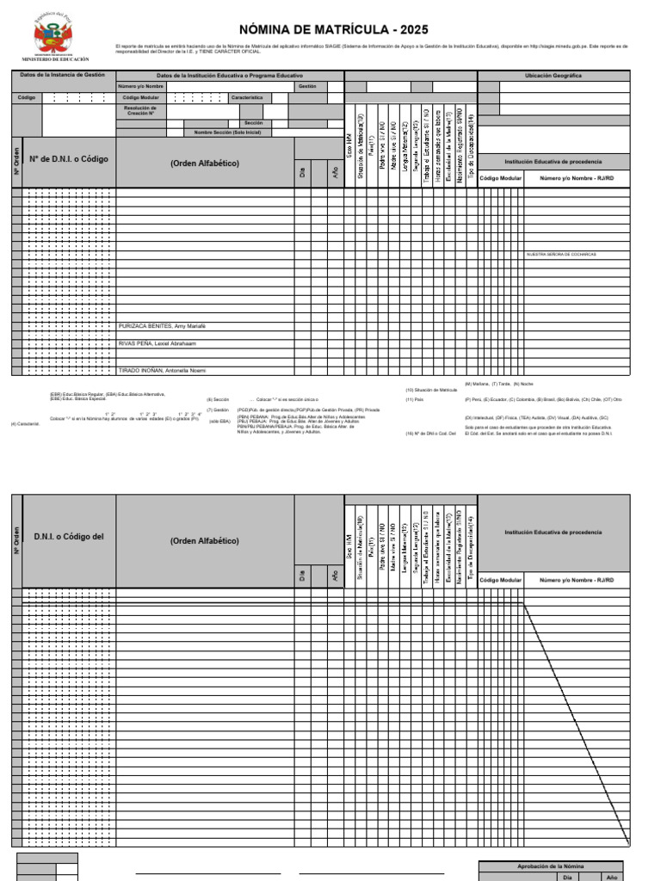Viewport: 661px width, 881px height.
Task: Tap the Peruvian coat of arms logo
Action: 54,35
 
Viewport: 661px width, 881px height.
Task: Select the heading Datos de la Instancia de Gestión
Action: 62,75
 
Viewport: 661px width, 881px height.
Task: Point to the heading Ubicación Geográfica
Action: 553,76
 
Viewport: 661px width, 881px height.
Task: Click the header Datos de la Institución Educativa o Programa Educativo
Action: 229,76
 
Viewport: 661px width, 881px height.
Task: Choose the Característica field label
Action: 246,98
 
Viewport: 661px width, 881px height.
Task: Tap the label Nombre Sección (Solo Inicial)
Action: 227,132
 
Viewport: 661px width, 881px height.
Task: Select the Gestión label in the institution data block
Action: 307,87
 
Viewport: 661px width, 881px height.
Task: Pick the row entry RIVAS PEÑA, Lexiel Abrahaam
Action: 157,343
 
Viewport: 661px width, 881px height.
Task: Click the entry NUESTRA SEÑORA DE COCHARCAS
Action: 561,255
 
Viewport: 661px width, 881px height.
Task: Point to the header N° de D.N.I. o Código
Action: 69,159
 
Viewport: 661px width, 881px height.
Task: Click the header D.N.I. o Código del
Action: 68,537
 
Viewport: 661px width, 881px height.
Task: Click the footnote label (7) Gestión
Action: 218,410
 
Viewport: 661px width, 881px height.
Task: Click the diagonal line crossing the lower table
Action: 577,723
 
